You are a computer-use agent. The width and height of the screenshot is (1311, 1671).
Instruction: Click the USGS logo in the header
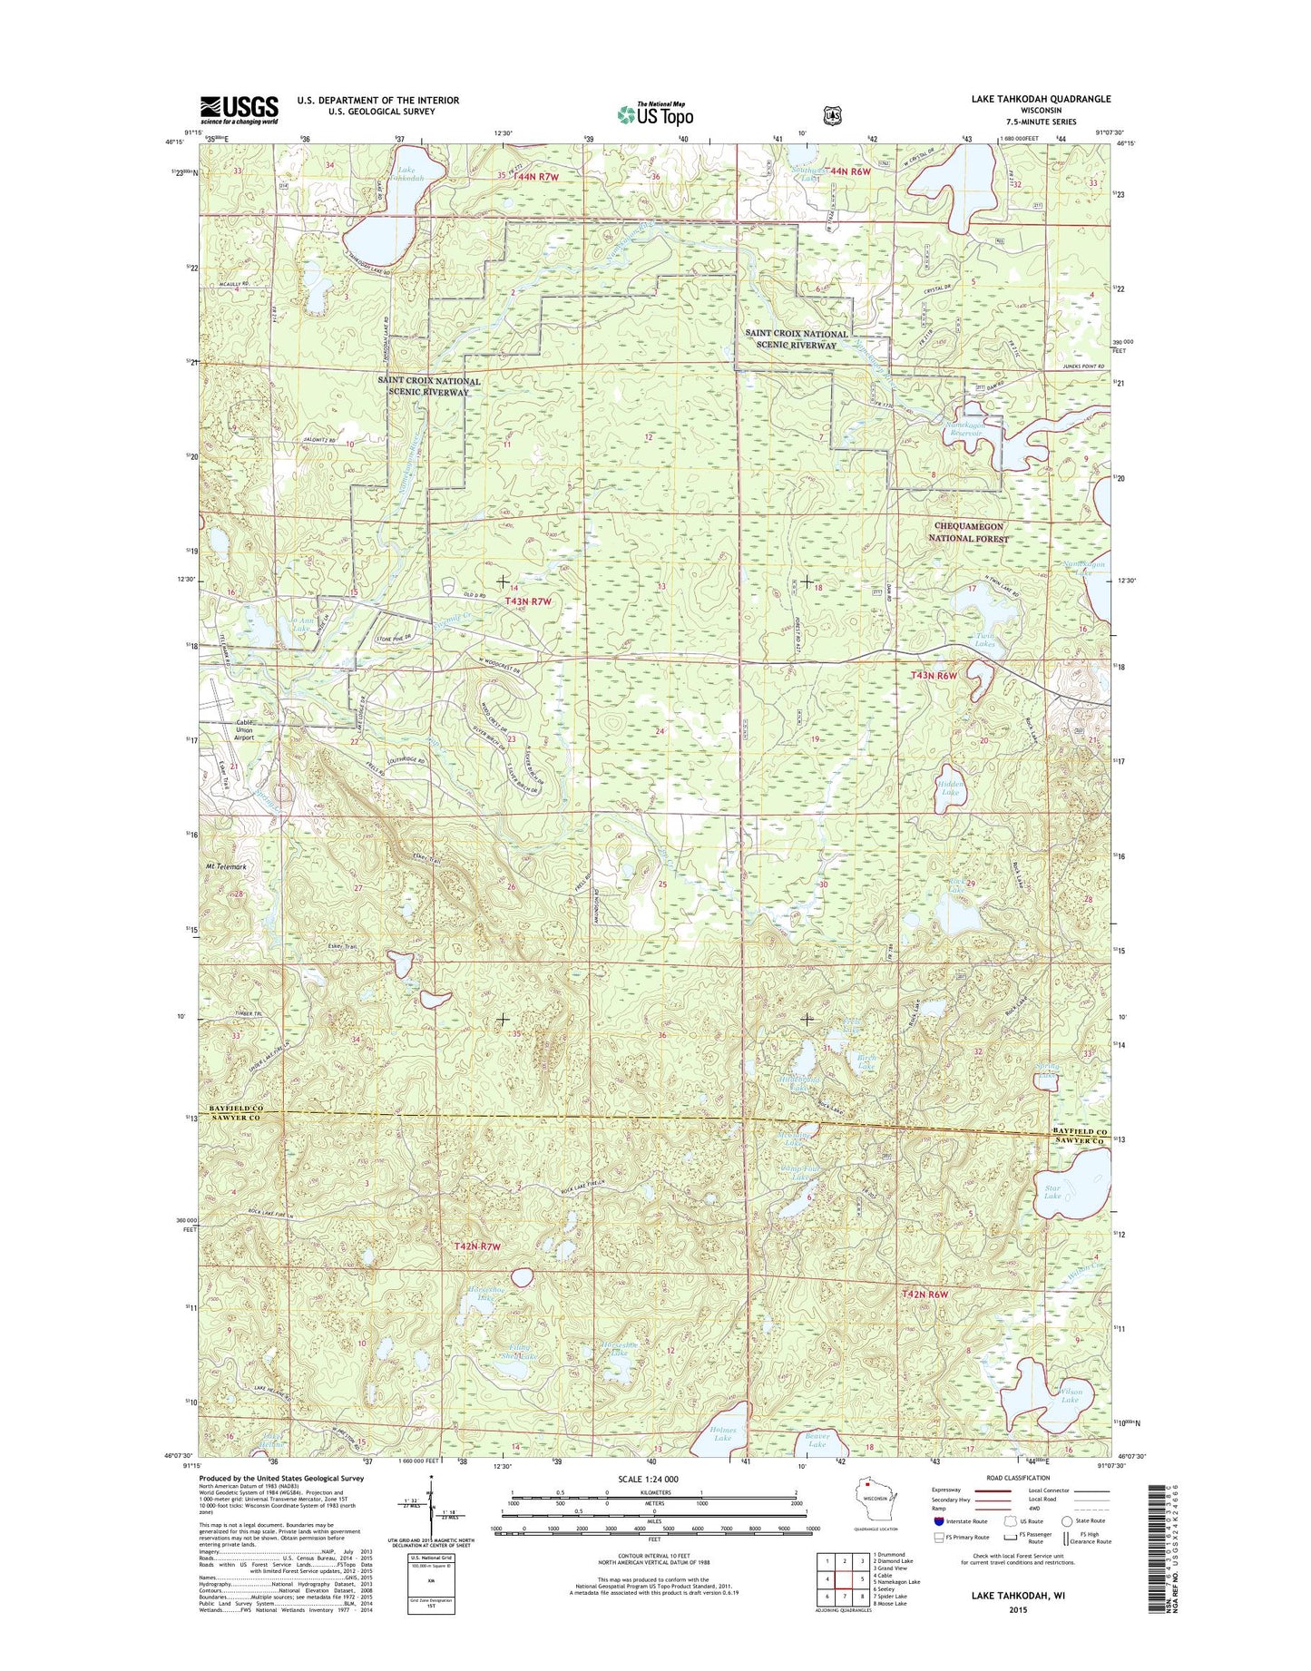[239, 110]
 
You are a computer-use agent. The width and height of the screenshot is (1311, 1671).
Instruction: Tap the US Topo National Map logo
[655, 114]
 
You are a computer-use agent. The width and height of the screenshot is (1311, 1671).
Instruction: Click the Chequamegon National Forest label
[971, 533]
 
